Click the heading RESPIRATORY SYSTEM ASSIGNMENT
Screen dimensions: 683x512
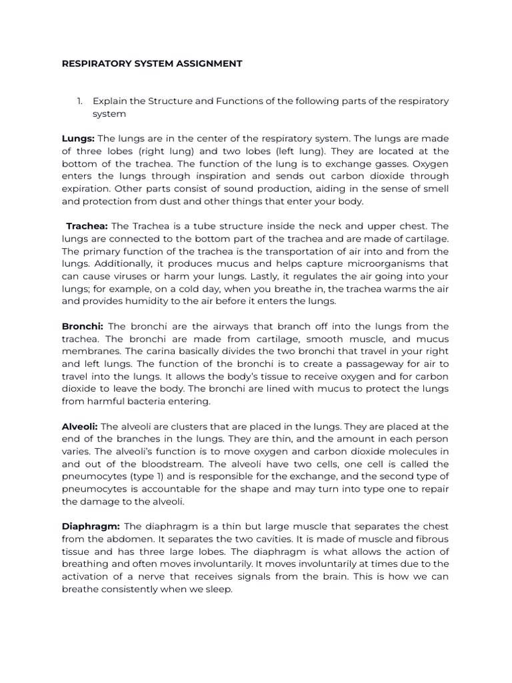152,64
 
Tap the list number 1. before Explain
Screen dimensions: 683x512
80,101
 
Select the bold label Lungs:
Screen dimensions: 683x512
78,139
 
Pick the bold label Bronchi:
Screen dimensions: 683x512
83,326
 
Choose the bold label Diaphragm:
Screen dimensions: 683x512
91,526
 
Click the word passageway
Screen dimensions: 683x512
337,364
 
